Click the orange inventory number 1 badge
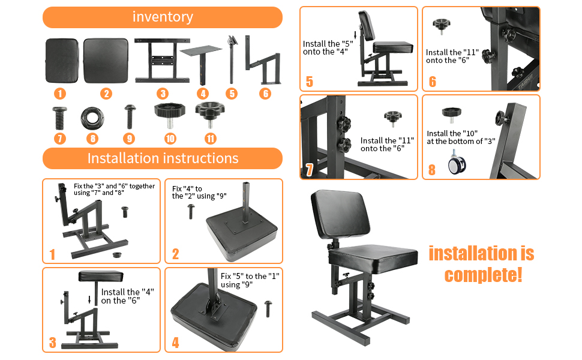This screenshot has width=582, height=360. [59, 94]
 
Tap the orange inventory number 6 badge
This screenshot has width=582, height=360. [265, 94]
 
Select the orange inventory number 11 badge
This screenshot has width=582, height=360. [210, 139]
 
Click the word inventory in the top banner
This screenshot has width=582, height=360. [163, 17]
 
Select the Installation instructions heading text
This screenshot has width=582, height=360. [163, 158]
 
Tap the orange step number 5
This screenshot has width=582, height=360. [310, 82]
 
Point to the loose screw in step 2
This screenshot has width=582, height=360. [191, 209]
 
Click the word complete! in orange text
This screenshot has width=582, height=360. [483, 275]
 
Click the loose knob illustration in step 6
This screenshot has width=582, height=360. [441, 26]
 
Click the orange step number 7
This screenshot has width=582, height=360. [310, 170]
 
